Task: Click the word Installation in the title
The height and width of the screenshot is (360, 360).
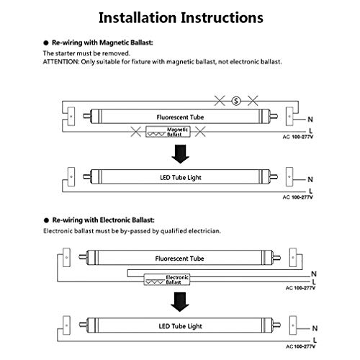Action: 138,18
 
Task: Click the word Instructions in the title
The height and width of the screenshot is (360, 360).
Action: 222,18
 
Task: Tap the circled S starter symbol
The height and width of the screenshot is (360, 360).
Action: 236,101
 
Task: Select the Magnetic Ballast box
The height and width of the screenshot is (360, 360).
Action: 168,132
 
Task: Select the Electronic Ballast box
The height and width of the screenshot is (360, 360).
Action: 167,279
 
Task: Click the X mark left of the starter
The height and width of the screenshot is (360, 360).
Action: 220,100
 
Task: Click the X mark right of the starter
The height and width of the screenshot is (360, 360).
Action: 253,100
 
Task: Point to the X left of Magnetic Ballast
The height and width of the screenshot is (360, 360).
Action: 136,132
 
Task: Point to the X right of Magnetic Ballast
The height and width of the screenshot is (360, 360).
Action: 200,132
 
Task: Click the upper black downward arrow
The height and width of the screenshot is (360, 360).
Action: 180,154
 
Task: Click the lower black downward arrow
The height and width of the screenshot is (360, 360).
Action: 180,302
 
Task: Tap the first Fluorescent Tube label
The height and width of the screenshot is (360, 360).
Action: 180,117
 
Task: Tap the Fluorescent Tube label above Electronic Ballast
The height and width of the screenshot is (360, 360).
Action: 179,258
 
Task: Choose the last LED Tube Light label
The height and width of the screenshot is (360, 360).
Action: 181,326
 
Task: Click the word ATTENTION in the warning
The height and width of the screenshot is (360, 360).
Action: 61,62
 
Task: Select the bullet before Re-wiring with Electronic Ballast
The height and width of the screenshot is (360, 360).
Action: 46,220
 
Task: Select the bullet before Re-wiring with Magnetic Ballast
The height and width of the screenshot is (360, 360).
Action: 46,43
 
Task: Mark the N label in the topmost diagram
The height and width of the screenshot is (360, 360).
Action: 310,119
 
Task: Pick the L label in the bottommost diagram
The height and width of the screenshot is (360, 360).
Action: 315,340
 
